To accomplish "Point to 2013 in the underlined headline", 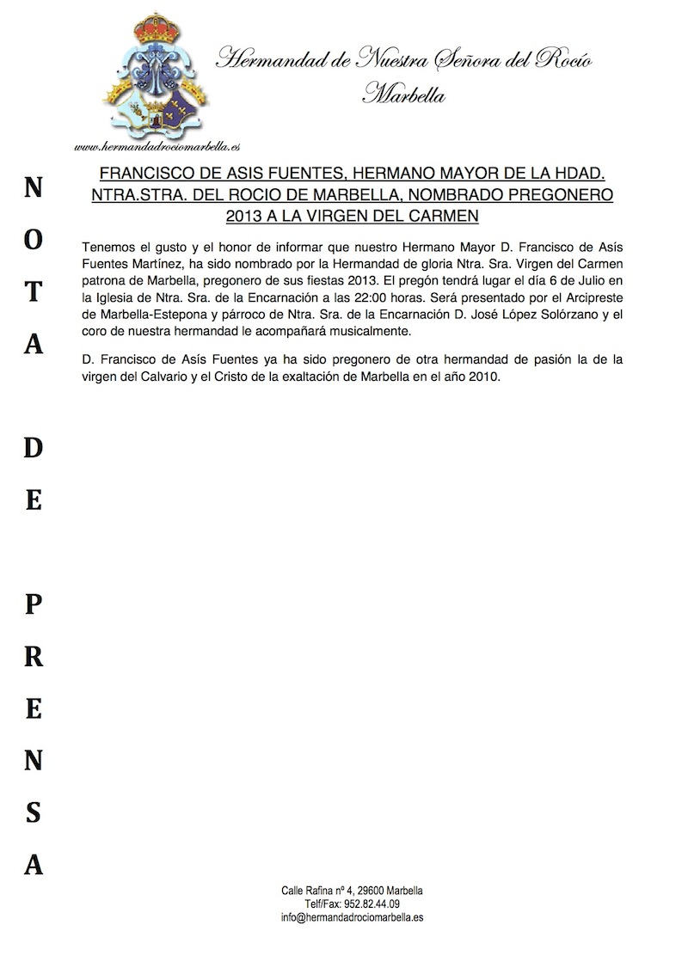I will click(243, 216).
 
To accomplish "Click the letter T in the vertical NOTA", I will click(33, 291).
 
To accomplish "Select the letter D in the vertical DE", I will click(33, 447).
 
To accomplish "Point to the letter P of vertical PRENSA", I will click(33, 604).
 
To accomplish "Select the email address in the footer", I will click(352, 917).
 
